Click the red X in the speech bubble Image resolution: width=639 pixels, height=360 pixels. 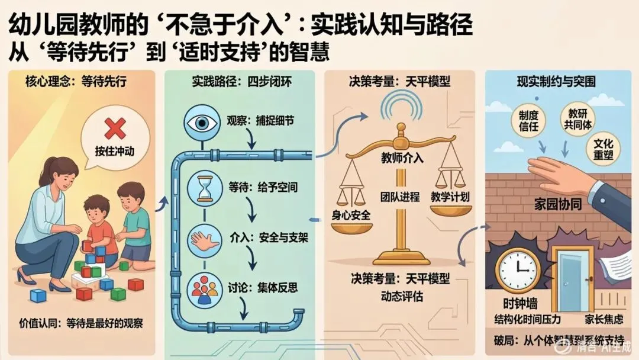(x=114, y=128)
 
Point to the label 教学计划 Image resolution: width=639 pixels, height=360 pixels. (x=450, y=197)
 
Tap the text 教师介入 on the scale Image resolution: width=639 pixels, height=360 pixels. (x=402, y=159)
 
